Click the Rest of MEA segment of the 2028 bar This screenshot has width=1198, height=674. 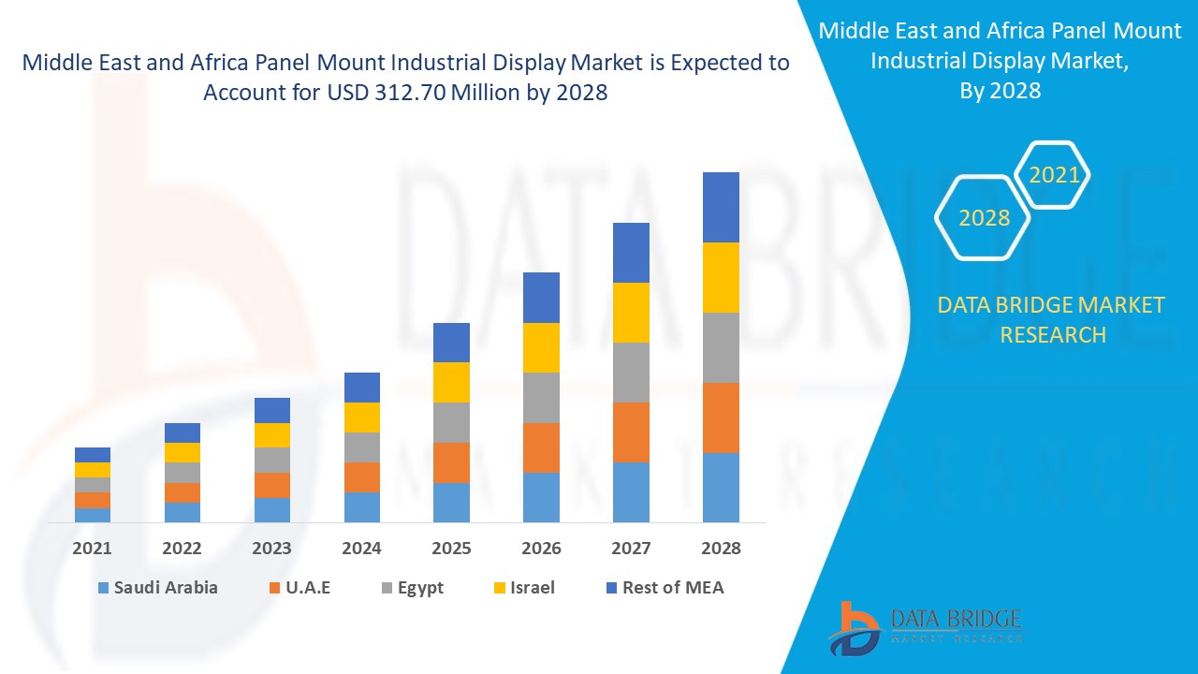pos(721,207)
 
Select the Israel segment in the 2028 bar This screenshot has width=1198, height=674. pos(721,277)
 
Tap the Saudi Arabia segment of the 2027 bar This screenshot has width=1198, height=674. pos(631,491)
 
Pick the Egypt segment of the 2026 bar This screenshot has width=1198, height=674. pos(541,398)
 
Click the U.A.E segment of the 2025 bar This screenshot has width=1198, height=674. pos(451,462)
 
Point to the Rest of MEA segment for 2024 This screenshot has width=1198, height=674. pos(362,388)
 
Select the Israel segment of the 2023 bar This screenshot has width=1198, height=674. pos(272,435)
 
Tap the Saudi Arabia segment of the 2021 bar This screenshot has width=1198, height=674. pos(93,515)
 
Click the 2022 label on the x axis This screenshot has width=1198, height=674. pos(182,549)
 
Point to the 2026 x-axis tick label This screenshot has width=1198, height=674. pos(541,549)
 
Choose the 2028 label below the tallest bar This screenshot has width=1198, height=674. pos(721,549)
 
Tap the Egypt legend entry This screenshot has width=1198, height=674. pos(412,588)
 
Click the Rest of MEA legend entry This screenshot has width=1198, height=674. pos(665,588)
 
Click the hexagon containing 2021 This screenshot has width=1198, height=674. pos(1054,175)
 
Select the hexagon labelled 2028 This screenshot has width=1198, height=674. pos(984,217)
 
